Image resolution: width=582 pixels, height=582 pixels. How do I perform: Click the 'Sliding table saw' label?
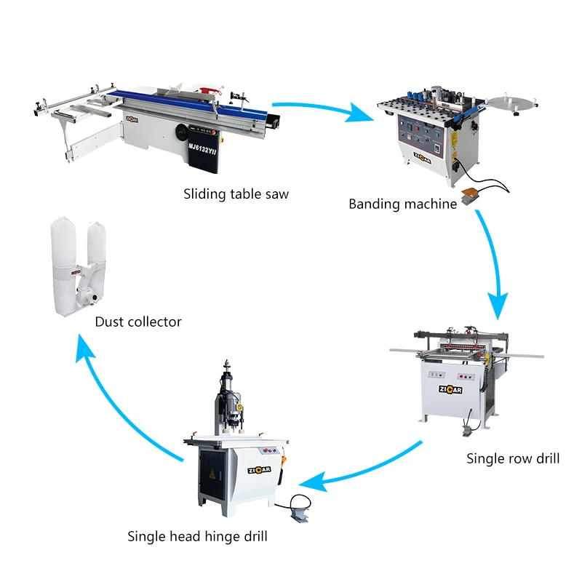tap(236, 194)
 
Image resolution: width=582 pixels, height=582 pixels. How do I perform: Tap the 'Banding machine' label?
tap(402, 204)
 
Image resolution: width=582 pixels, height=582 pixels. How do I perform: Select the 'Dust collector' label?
tap(138, 322)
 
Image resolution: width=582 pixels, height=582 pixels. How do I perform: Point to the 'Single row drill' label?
tap(513, 458)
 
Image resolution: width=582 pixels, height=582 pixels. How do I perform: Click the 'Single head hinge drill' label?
tap(197, 537)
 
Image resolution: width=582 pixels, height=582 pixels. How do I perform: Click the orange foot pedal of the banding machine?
tap(471, 194)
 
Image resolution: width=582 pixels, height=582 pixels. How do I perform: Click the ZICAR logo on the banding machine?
tap(423, 154)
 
